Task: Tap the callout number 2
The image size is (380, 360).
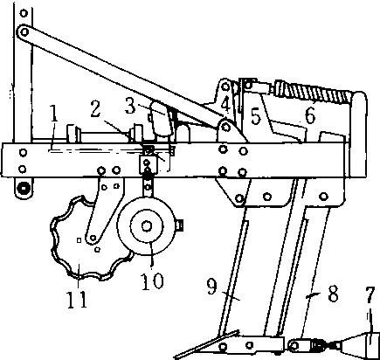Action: click(x=95, y=108)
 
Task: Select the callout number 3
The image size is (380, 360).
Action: click(x=130, y=105)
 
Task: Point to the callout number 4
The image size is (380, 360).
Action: click(x=226, y=104)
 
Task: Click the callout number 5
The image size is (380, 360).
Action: click(x=255, y=116)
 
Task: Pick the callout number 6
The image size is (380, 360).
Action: click(x=310, y=115)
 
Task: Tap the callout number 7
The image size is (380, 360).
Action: click(x=370, y=296)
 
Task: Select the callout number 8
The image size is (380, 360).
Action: click(x=333, y=294)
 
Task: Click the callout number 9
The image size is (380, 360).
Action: click(x=212, y=287)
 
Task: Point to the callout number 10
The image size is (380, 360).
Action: click(x=153, y=281)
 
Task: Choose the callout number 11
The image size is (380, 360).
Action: click(x=78, y=299)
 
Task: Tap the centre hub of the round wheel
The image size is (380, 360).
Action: click(x=147, y=226)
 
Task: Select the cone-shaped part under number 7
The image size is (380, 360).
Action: click(x=360, y=345)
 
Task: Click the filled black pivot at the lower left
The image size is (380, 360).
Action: click(x=24, y=187)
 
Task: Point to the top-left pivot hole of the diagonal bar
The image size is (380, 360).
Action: click(x=24, y=31)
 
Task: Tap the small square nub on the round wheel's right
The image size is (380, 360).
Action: click(x=180, y=225)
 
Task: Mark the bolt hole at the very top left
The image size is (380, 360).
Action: click(x=24, y=13)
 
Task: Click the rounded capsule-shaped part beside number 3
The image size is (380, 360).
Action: click(x=161, y=118)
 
